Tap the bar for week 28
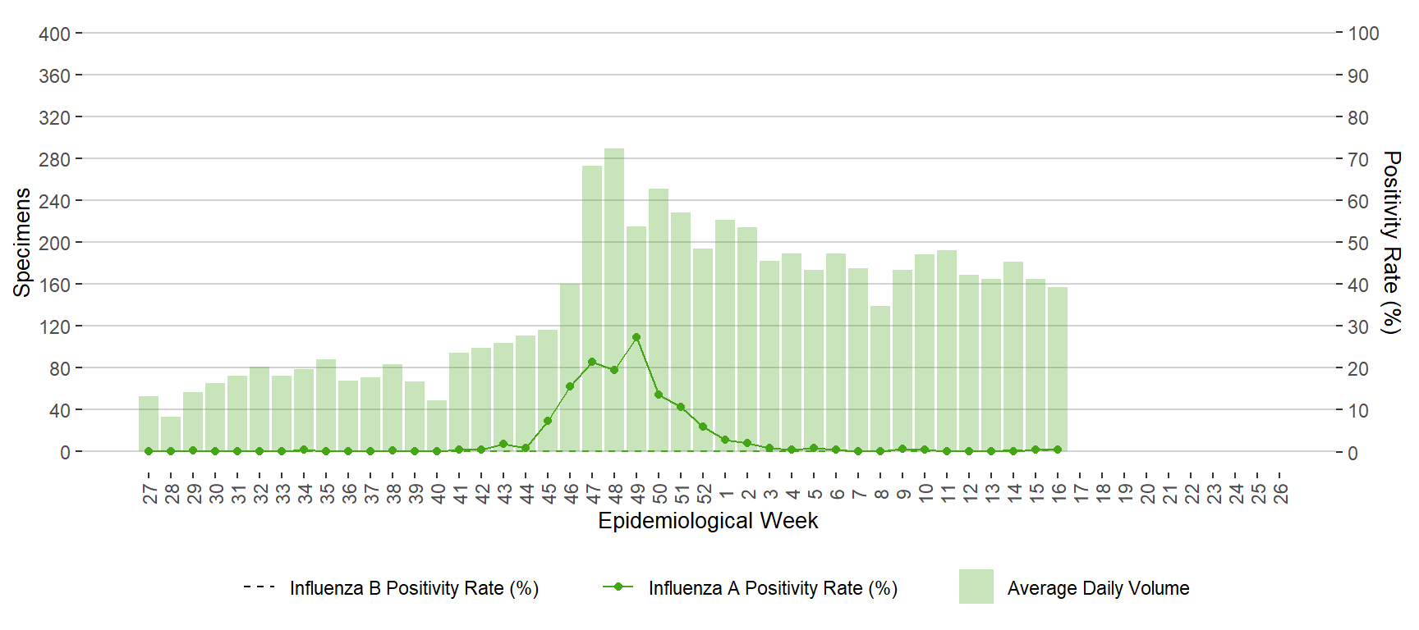[171, 434]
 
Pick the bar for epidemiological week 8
[880, 378]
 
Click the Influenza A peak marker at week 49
[636, 337]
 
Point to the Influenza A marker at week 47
[592, 362]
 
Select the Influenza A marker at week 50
[659, 395]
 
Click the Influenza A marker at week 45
[548, 421]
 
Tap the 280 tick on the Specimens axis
[54, 159]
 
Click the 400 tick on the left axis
[54, 34]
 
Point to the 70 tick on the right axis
[1358, 159]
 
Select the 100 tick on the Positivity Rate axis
[1363, 34]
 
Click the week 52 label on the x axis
[704, 493]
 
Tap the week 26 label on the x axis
[1280, 493]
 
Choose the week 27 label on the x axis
[149, 493]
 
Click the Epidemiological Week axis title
[708, 521]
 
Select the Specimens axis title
[22, 242]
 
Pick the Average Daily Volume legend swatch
[976, 587]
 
